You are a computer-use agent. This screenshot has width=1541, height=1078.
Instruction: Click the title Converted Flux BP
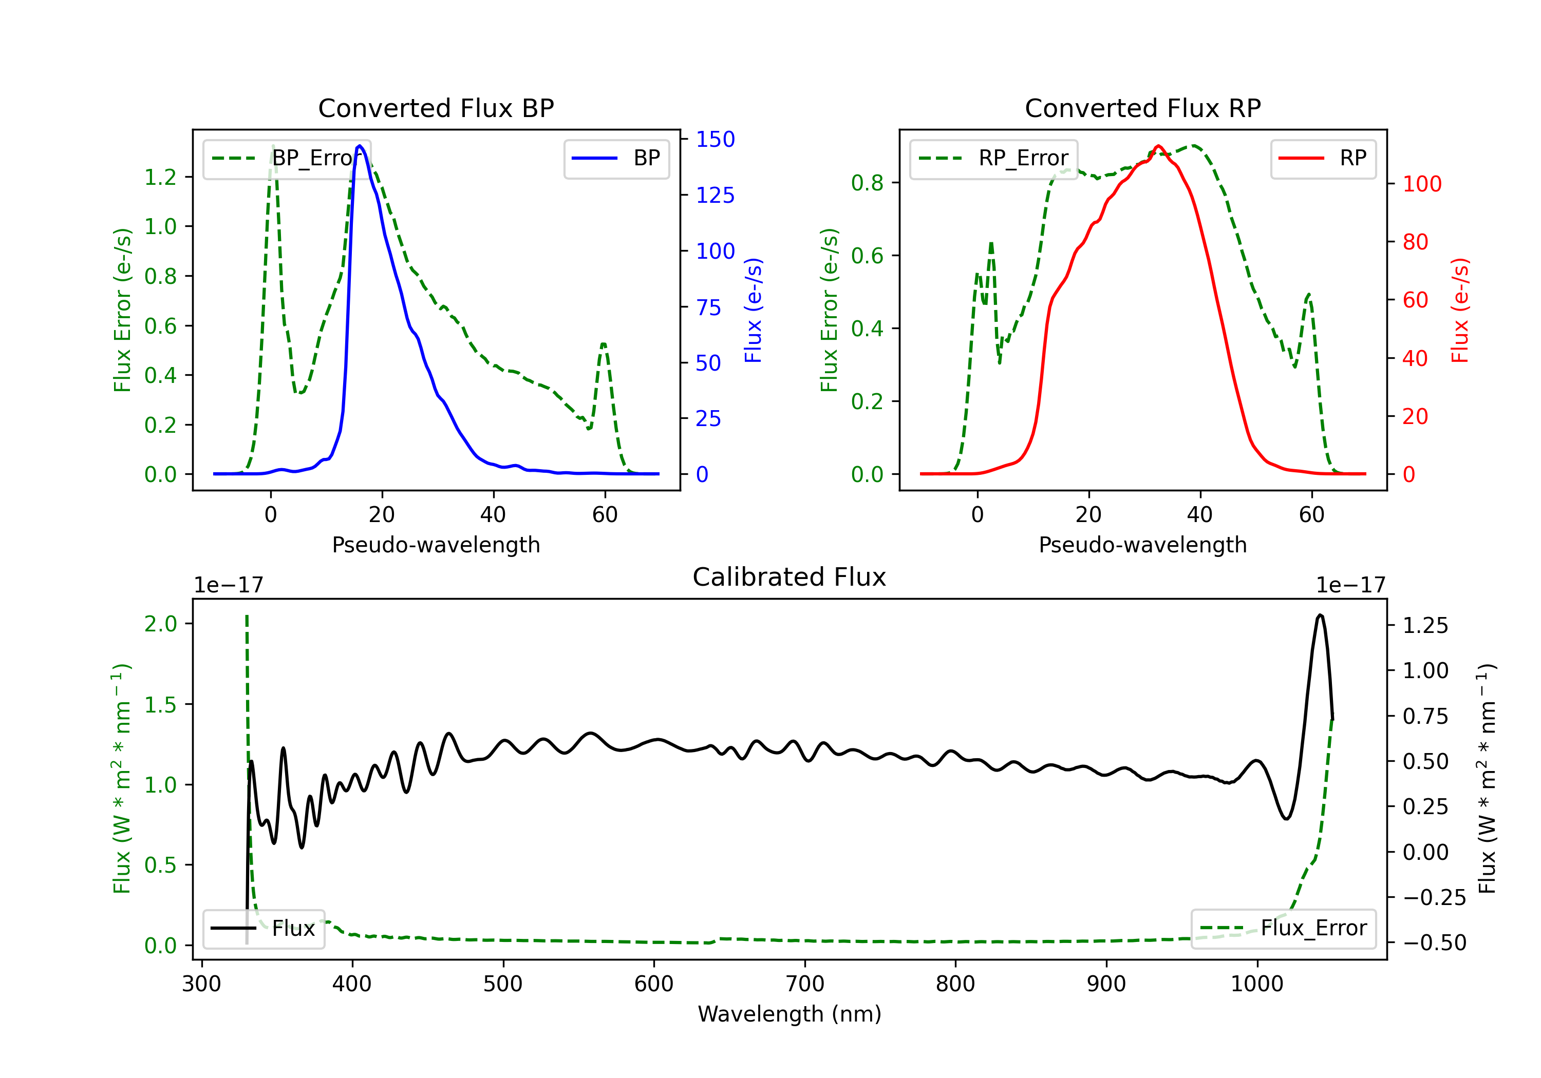coord(436,108)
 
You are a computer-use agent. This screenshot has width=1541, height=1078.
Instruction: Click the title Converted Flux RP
coord(1142,108)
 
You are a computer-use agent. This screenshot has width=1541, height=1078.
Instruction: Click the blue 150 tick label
coord(715,140)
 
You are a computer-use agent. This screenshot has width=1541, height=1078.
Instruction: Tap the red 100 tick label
coord(1421,184)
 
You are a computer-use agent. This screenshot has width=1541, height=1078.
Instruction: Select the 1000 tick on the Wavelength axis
coord(1256,984)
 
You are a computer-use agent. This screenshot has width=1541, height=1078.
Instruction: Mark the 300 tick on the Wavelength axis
coord(201,984)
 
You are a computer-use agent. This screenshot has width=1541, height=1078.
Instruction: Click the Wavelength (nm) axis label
coord(790,1014)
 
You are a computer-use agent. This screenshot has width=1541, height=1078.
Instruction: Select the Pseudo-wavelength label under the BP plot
coord(436,545)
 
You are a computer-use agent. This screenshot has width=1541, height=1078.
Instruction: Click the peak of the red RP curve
coord(1158,146)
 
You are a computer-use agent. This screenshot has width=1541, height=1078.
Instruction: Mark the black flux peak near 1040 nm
coord(1320,614)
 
